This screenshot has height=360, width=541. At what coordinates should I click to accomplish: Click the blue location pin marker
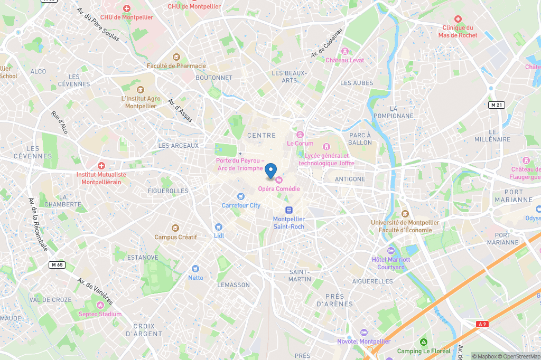[x=270, y=170]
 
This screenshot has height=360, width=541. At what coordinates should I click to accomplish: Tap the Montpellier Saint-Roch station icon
[x=289, y=210]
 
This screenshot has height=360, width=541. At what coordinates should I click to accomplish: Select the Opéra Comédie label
[x=278, y=188]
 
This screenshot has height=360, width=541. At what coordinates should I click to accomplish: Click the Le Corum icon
[x=300, y=135]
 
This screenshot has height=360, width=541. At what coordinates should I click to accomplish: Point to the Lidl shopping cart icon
[x=219, y=227]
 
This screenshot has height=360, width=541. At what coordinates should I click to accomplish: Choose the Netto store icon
[x=195, y=269]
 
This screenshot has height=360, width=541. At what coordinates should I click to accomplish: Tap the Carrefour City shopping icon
[x=241, y=197]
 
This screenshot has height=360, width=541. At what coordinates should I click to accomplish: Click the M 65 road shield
[x=57, y=264]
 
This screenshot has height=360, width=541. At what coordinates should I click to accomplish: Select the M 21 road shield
[x=496, y=105]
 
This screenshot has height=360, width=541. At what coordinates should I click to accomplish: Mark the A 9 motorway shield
[x=481, y=324]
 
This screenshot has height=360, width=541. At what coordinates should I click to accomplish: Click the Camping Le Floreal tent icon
[x=423, y=343]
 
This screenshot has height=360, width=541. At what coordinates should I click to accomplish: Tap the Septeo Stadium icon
[x=100, y=305]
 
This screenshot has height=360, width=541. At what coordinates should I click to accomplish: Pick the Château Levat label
[x=344, y=60]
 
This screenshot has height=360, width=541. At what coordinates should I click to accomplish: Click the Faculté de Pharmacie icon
[x=176, y=57]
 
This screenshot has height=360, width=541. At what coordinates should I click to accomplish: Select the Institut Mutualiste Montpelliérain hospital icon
[x=101, y=166]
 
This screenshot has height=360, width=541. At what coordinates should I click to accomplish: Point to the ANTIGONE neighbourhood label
[x=350, y=179]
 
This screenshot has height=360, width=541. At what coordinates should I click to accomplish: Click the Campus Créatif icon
[x=175, y=228]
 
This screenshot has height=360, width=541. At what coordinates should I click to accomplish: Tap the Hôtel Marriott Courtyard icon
[x=391, y=251]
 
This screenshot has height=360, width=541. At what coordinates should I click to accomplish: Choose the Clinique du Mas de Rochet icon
[x=458, y=19]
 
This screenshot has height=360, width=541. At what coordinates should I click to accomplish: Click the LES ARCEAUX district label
[x=179, y=146]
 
